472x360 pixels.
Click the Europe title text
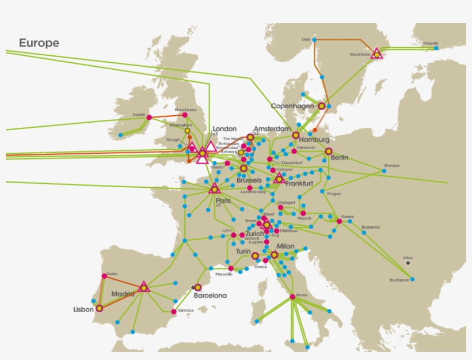(x=39, y=43)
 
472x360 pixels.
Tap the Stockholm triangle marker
(x=376, y=54)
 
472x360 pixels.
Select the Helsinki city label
(x=431, y=43)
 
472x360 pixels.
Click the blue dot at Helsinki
(x=436, y=48)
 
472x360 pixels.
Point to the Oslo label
(x=306, y=39)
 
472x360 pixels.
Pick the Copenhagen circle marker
(x=321, y=106)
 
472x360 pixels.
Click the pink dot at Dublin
(x=149, y=118)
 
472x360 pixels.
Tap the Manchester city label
(x=185, y=109)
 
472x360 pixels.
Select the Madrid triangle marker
(x=144, y=286)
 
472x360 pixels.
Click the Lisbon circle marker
(x=99, y=308)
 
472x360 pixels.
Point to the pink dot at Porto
(x=104, y=276)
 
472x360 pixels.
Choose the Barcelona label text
(x=210, y=295)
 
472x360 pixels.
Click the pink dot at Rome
(x=292, y=297)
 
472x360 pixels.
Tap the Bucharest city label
(x=398, y=280)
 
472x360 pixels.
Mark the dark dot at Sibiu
(x=408, y=263)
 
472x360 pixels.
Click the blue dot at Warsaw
(x=384, y=171)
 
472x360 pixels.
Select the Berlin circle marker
(x=329, y=151)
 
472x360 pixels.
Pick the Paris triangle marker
(x=215, y=188)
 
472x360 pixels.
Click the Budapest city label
(x=371, y=227)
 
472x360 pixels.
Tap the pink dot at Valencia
(x=174, y=312)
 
